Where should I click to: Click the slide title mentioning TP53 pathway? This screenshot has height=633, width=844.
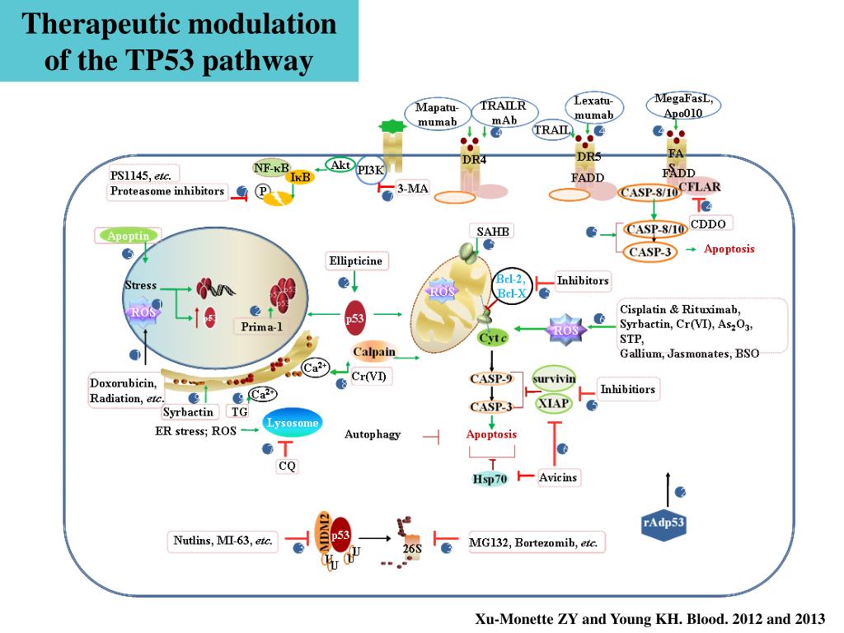[179, 41]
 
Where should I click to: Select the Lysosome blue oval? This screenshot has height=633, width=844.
[291, 424]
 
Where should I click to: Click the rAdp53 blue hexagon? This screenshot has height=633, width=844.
[663, 522]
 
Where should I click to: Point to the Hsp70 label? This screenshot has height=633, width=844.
[490, 479]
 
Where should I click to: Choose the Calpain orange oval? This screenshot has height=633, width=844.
[374, 352]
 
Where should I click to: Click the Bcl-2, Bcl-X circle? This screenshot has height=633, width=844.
[510, 286]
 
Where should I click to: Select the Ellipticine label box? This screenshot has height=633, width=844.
[355, 261]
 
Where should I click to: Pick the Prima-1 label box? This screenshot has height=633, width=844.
[262, 326]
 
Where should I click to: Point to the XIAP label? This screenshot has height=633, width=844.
[554, 403]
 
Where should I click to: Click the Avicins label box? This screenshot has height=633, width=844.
[558, 477]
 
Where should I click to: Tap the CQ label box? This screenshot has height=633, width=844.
[287, 466]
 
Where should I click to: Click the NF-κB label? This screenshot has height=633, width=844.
[272, 168]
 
